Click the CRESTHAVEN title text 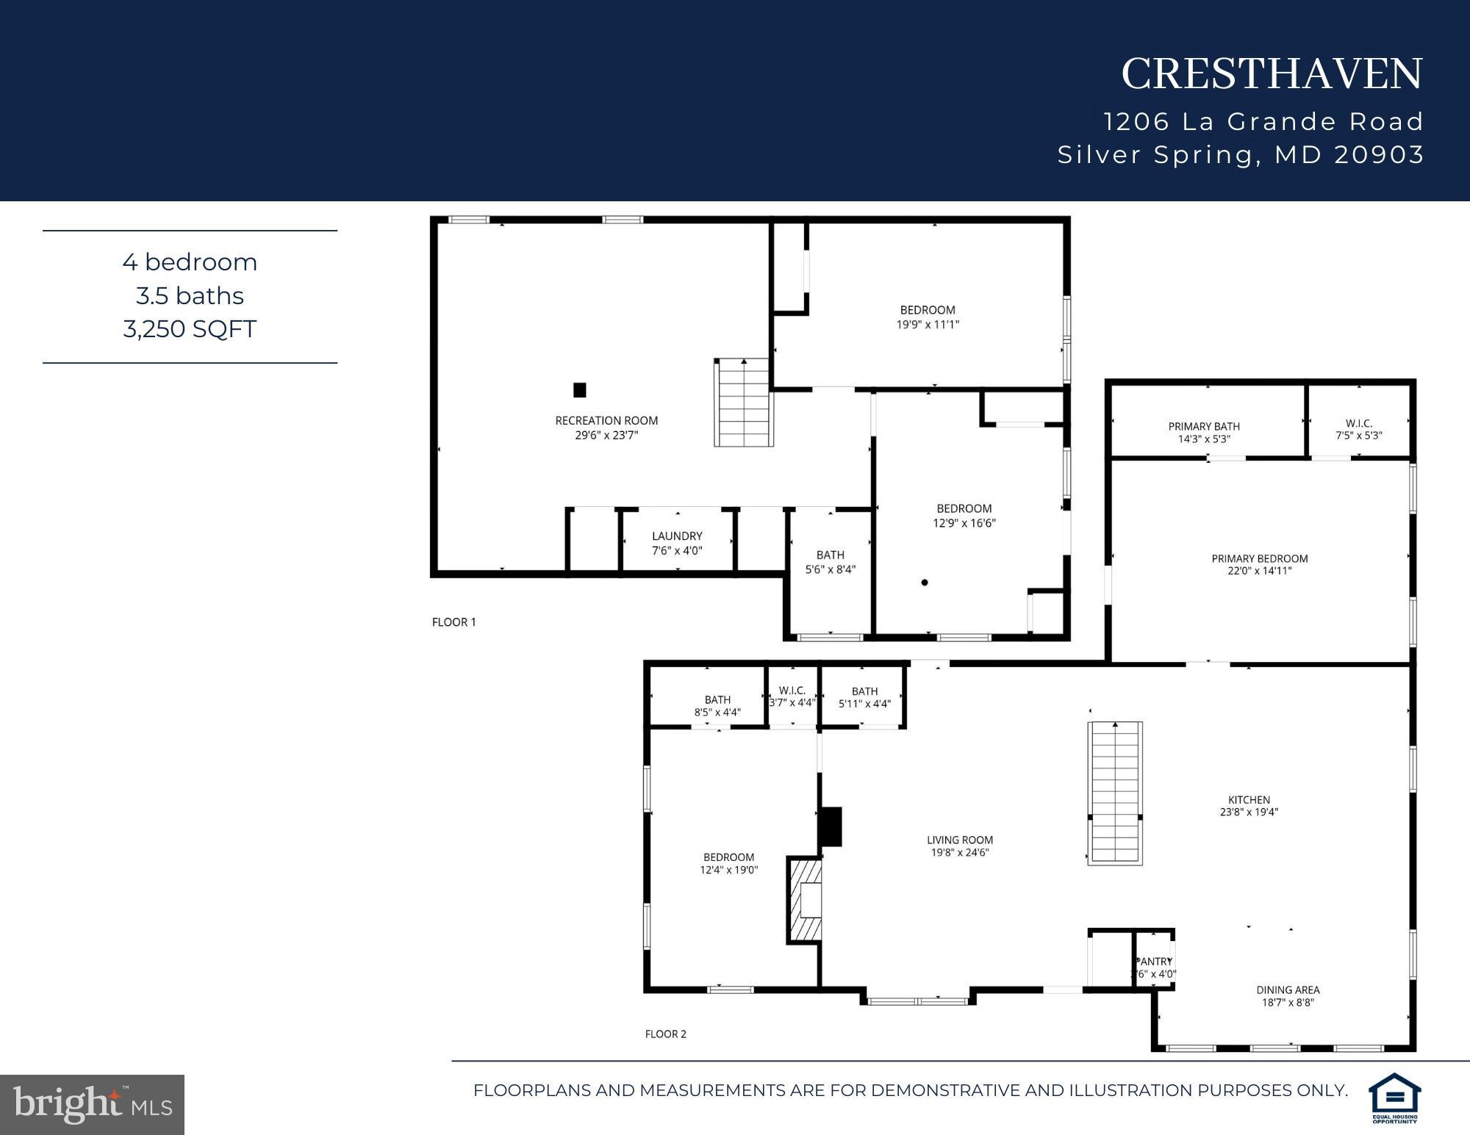[1272, 74]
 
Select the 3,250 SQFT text [190, 328]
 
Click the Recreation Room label [606, 420]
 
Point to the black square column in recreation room [580, 390]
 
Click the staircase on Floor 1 [744, 403]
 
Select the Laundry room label [677, 536]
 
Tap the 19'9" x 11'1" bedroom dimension [928, 324]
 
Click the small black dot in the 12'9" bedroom [925, 583]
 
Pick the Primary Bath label [1204, 426]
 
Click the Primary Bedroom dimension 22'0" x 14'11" [1259, 571]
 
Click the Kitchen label [1249, 799]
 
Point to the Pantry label [1154, 962]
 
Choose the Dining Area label [1288, 990]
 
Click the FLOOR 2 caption [665, 1034]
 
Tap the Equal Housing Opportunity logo [1394, 1097]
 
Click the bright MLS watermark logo [92, 1104]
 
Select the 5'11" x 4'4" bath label [864, 704]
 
